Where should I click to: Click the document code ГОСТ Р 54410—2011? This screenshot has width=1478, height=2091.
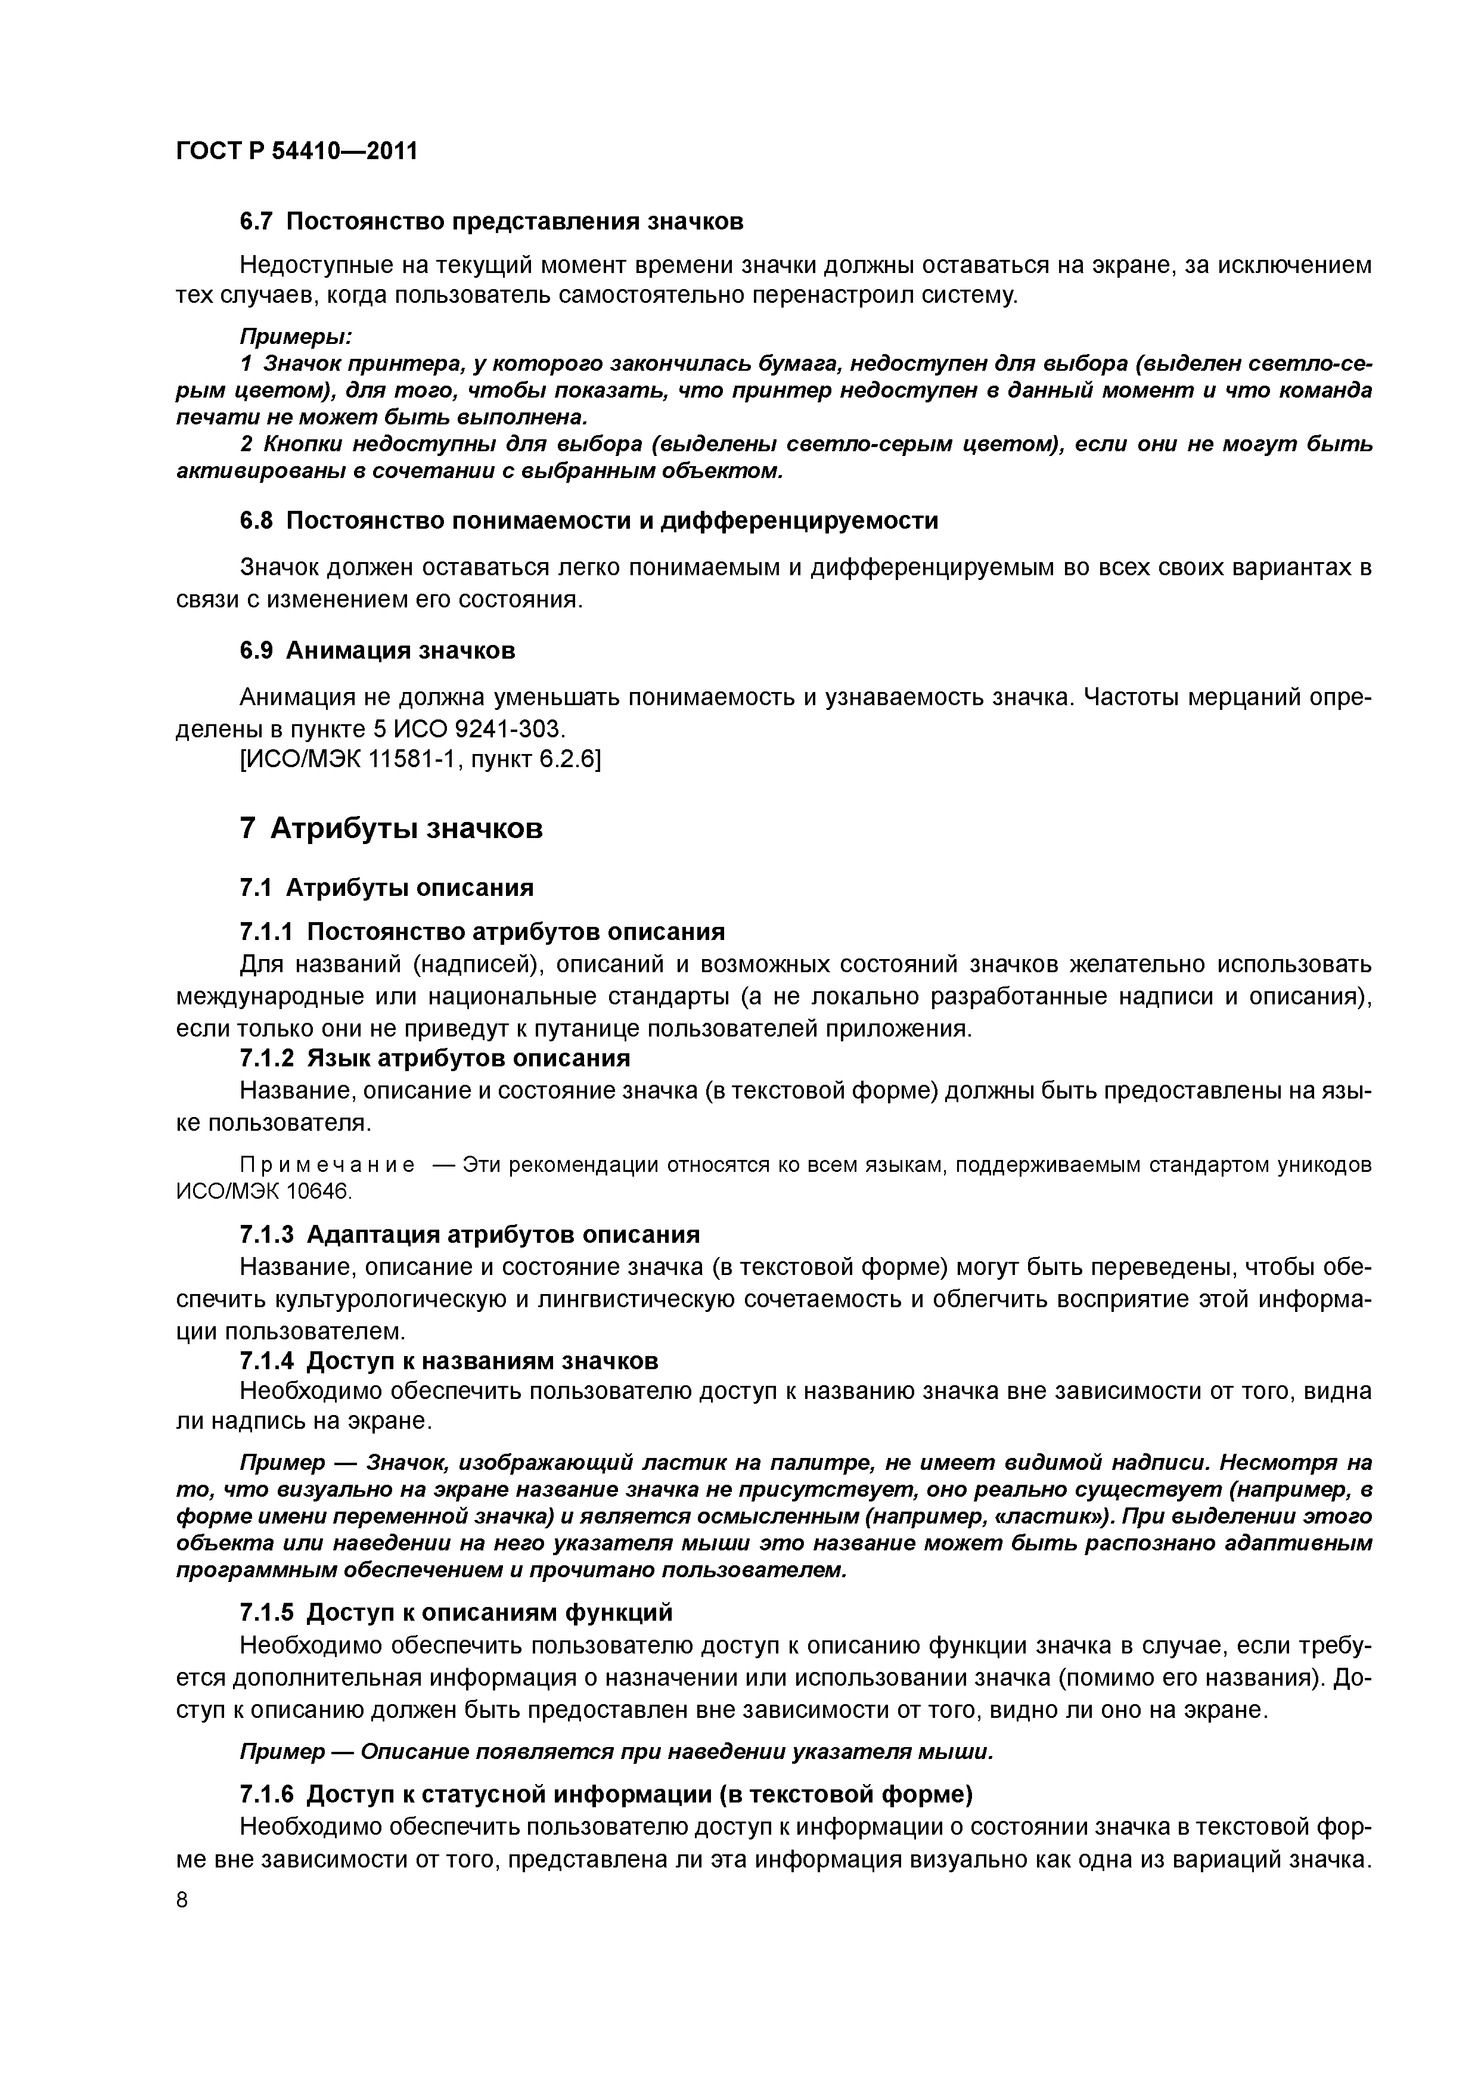pyautogui.click(x=296, y=150)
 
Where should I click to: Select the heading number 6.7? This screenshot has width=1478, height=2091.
pyautogui.click(x=257, y=221)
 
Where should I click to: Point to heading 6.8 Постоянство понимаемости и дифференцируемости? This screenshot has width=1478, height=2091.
pyautogui.click(x=588, y=521)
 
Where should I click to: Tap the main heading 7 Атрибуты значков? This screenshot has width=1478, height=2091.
pyautogui.click(x=391, y=828)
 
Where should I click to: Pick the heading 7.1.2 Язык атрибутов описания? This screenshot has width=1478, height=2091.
pyautogui.click(x=434, y=1058)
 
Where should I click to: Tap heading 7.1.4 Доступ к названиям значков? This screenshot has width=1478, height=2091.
pyautogui.click(x=448, y=1361)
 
